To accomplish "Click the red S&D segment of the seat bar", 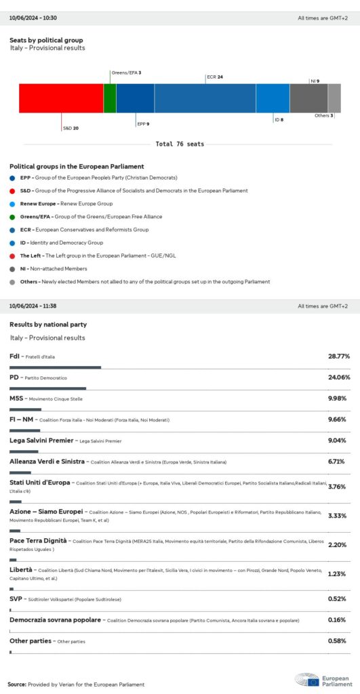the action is point(60,98).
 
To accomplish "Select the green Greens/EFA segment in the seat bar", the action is point(109,98).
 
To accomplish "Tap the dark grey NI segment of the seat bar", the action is point(308,98).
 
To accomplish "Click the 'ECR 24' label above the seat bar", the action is point(214,77).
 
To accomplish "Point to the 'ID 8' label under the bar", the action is point(279,120).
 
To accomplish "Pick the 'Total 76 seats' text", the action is point(180,144).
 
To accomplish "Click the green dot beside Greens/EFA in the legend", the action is point(13,216).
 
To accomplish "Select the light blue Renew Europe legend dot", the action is point(13,203).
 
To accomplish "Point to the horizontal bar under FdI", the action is point(55,367).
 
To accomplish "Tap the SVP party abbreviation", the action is point(16,599).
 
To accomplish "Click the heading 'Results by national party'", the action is point(48,325).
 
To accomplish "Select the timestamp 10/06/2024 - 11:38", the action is point(32,306).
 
